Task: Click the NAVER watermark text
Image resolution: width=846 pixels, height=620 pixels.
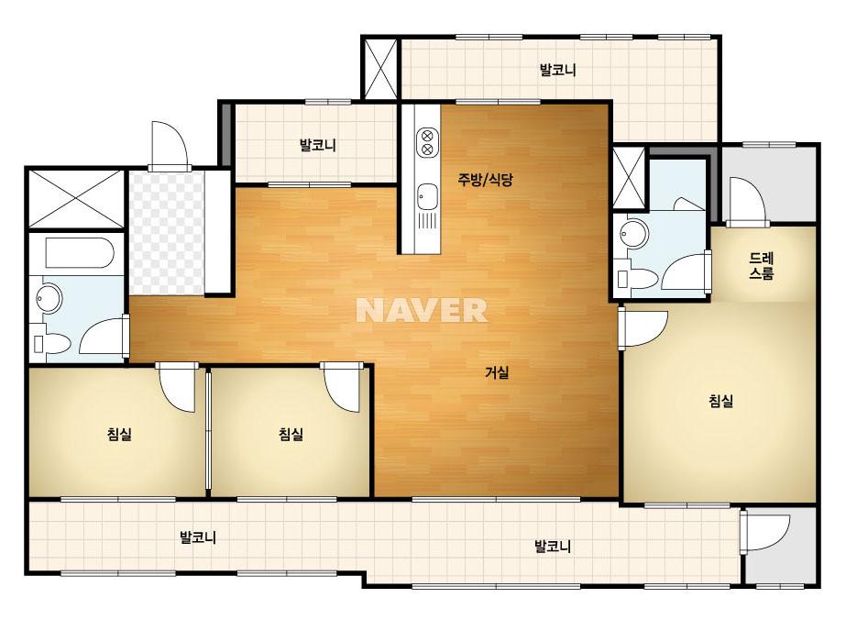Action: [422, 310]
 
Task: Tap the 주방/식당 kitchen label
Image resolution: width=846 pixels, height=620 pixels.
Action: [485, 179]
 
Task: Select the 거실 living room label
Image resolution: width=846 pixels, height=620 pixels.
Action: [497, 372]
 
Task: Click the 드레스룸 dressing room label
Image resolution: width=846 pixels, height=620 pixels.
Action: [762, 265]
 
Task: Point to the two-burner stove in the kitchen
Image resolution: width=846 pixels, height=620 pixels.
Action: [427, 141]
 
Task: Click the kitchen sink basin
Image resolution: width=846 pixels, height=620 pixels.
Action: [427, 195]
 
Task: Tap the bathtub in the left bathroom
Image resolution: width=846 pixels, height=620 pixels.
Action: [80, 253]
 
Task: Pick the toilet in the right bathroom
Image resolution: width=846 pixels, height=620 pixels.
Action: [637, 279]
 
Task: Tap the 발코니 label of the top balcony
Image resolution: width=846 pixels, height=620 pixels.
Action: [558, 70]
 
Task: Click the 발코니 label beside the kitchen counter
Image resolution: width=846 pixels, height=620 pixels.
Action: [318, 145]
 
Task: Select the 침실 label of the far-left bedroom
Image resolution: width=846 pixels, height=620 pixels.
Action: [119, 434]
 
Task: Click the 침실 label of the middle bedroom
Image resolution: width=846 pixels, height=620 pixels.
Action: [291, 434]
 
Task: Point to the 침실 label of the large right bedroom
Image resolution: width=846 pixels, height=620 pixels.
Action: [720, 401]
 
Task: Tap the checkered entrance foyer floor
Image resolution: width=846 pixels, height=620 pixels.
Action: [167, 233]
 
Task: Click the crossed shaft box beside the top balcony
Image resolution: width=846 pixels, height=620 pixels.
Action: [380, 69]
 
